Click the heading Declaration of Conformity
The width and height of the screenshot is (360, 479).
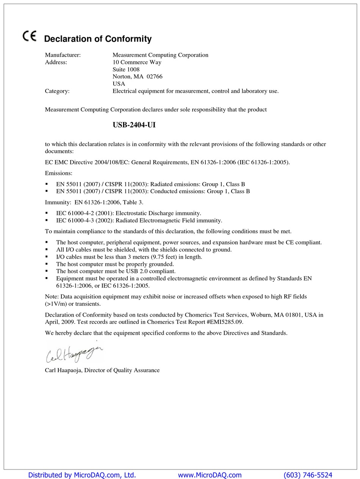click(x=98, y=39)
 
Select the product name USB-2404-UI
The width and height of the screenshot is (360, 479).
click(x=134, y=125)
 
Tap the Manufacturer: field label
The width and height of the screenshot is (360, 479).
click(x=63, y=55)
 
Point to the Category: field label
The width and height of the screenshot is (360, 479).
click(x=57, y=91)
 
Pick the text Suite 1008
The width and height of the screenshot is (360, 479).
click(x=126, y=69)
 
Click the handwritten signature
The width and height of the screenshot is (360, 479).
click(x=74, y=353)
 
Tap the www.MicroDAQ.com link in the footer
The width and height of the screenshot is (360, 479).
click(x=210, y=475)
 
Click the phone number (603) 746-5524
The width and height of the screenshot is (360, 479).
click(x=308, y=475)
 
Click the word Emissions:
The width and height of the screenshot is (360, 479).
click(x=58, y=173)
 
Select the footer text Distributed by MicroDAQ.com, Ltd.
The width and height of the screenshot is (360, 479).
click(x=82, y=475)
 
